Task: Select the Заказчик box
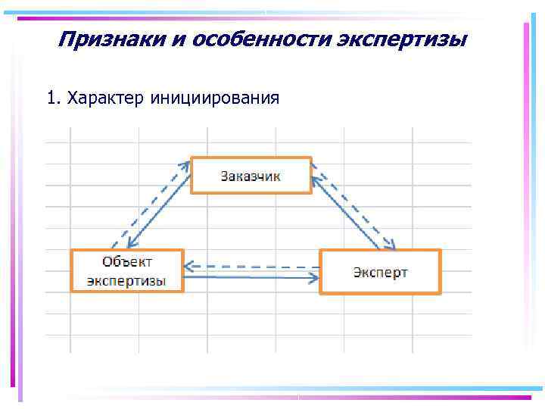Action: (251, 176)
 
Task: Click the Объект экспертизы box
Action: (127, 271)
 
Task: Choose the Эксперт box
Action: (380, 271)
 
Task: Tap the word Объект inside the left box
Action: (127, 261)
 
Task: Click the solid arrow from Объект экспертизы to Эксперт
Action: (250, 277)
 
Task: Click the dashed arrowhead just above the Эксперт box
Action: (389, 244)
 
